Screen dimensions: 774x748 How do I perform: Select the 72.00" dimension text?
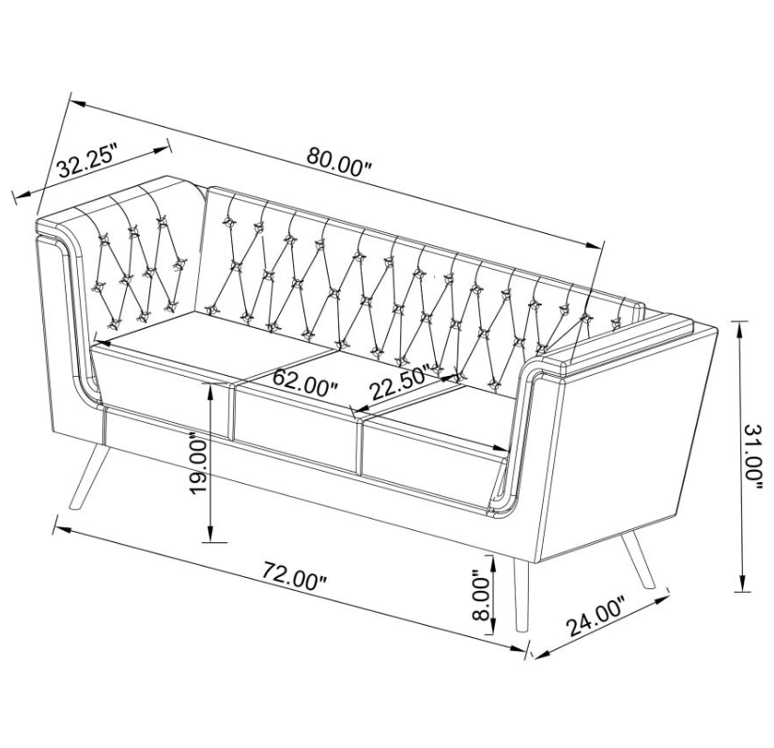(x=295, y=574)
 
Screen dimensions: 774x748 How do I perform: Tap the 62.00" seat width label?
(x=304, y=382)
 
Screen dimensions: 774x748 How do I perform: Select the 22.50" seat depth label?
(x=401, y=383)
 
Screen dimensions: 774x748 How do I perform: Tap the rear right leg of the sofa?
(x=637, y=559)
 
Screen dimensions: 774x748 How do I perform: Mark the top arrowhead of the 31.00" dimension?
(x=739, y=329)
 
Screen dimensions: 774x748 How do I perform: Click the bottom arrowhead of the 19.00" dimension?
(x=210, y=534)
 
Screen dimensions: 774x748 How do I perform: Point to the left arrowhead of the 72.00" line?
(x=61, y=529)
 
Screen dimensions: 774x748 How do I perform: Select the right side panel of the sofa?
(x=627, y=444)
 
